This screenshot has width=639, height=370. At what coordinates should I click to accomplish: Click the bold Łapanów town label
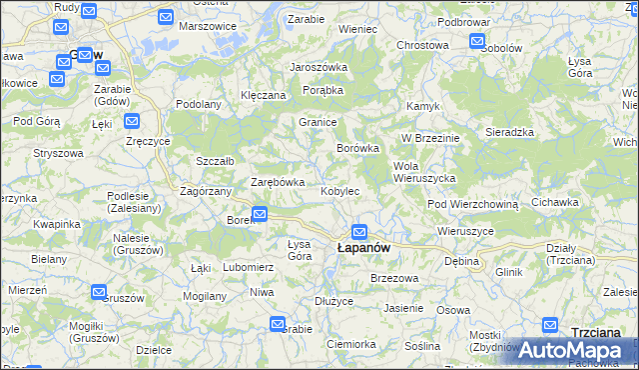pyautogui.click(x=362, y=247)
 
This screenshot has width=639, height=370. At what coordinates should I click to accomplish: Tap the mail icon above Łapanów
pyautogui.click(x=359, y=231)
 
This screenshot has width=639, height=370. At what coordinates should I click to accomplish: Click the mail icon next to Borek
pyautogui.click(x=259, y=213)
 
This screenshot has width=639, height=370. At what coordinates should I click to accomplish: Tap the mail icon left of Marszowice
pyautogui.click(x=165, y=17)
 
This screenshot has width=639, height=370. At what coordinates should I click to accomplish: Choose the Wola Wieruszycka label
pyautogui.click(x=425, y=171)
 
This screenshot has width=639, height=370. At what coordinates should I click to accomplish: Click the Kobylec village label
pyautogui.click(x=339, y=190)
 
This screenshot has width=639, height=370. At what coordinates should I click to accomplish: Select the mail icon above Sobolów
pyautogui.click(x=477, y=42)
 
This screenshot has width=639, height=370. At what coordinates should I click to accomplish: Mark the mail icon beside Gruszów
pyautogui.click(x=99, y=292)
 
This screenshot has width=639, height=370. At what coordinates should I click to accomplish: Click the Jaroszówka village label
pyautogui.click(x=318, y=67)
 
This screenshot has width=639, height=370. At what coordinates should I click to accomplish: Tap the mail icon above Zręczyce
pyautogui.click(x=132, y=122)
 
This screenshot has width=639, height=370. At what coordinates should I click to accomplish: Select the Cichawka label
pyautogui.click(x=555, y=202)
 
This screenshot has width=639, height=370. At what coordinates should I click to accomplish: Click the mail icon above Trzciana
pyautogui.click(x=550, y=324)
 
